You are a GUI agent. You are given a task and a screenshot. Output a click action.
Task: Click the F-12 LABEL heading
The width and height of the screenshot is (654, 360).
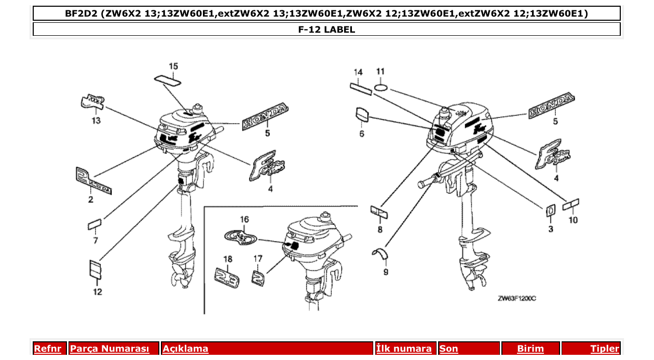[326, 30]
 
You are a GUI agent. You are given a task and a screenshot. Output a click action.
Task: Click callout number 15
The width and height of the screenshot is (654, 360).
[173, 66]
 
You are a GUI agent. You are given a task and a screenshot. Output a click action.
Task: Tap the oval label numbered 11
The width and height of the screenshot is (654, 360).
[381, 87]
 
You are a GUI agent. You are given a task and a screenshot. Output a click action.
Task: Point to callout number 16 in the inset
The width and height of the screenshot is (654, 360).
[244, 219]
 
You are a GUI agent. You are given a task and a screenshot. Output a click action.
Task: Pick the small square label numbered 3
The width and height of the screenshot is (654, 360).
[550, 210]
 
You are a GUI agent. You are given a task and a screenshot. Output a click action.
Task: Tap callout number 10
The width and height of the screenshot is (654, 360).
[573, 220]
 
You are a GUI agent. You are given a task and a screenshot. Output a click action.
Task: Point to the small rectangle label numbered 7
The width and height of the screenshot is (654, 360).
[94, 224]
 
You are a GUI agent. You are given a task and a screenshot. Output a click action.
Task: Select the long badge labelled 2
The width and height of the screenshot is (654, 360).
[93, 181]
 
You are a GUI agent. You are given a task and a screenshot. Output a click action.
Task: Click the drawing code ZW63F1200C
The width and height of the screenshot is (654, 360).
[516, 299]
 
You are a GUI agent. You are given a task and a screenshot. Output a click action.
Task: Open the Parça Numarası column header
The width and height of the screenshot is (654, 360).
[110, 349]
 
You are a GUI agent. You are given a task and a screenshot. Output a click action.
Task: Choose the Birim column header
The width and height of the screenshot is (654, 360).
[530, 349]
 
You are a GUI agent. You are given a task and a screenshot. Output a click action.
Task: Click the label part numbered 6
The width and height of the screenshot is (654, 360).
[362, 115]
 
